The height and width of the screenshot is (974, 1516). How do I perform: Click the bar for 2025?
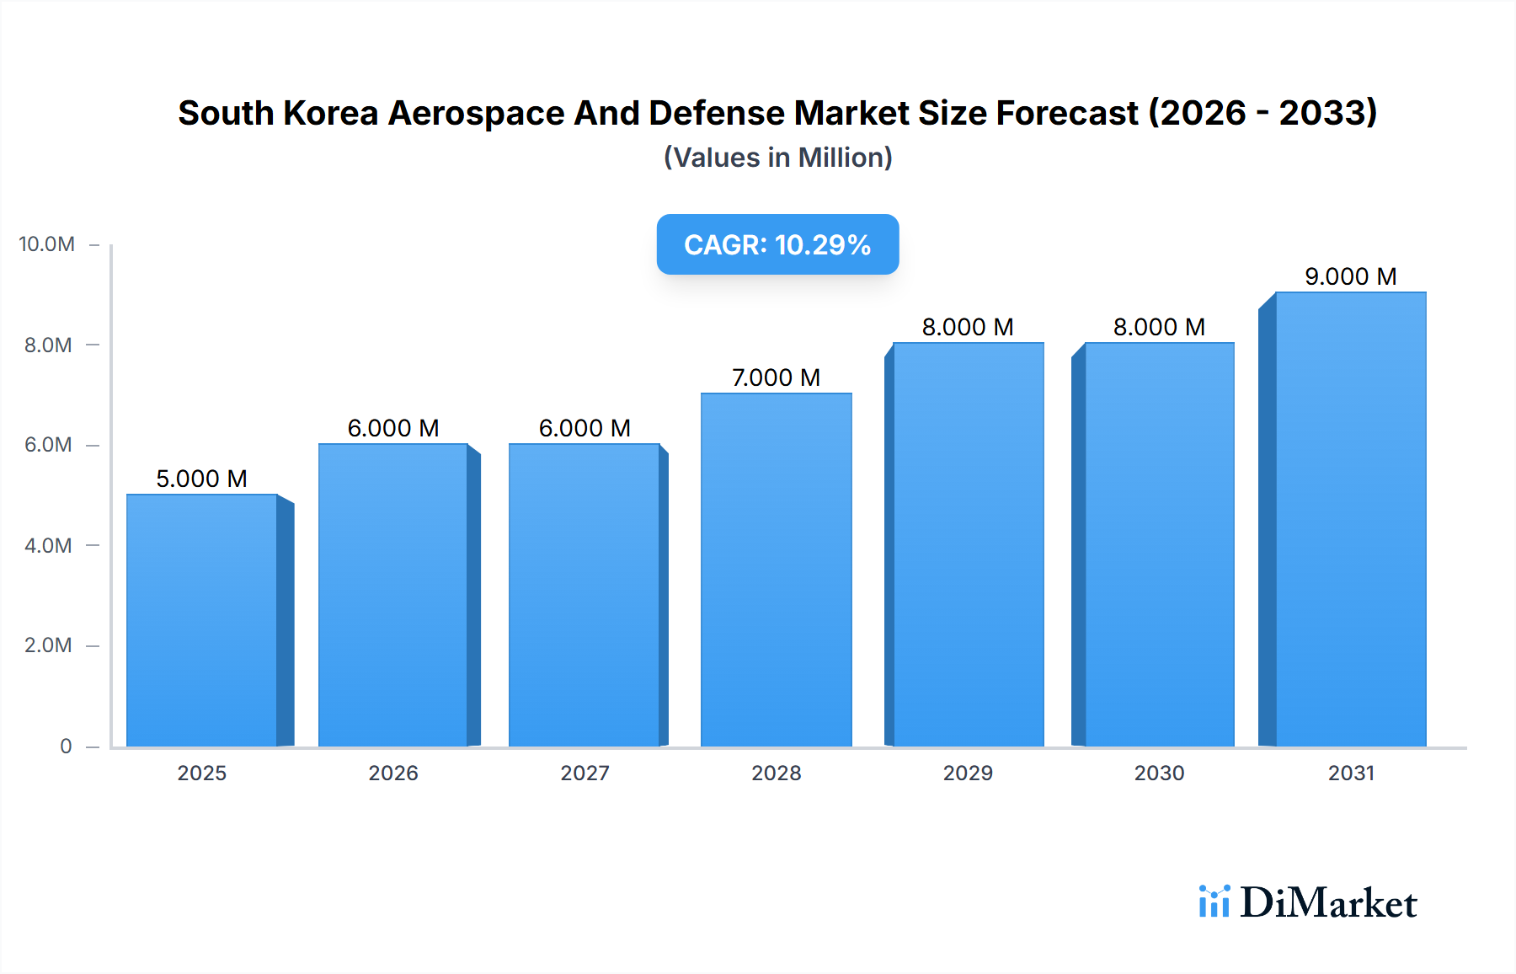click(x=202, y=620)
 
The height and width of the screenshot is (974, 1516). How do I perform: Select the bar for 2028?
click(x=776, y=570)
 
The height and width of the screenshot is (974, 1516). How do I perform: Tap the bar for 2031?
click(x=1350, y=519)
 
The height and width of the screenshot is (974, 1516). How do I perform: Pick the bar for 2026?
click(x=393, y=595)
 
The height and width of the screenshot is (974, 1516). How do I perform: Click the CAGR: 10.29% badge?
click(x=777, y=244)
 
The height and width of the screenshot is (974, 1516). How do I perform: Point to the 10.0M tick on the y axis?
click(x=47, y=244)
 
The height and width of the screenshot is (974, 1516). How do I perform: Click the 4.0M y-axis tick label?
click(x=48, y=545)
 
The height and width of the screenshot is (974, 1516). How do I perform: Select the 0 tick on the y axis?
click(x=66, y=746)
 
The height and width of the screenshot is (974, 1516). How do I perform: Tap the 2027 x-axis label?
click(x=585, y=773)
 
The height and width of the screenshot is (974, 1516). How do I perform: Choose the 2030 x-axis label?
click(x=1159, y=773)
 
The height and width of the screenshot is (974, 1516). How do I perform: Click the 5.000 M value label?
click(x=202, y=479)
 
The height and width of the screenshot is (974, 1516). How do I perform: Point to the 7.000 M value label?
click(x=776, y=377)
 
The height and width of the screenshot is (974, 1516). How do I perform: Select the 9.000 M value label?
click(x=1350, y=276)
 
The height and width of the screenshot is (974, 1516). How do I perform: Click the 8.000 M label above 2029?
click(x=968, y=327)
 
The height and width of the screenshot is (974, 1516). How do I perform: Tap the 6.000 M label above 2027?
click(x=585, y=428)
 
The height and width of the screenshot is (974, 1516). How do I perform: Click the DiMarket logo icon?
click(x=1214, y=902)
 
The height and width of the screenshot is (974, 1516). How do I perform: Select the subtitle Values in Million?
click(x=777, y=158)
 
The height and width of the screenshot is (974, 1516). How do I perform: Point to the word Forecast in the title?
click(x=1067, y=113)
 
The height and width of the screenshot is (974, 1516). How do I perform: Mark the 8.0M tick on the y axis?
click(x=48, y=345)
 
